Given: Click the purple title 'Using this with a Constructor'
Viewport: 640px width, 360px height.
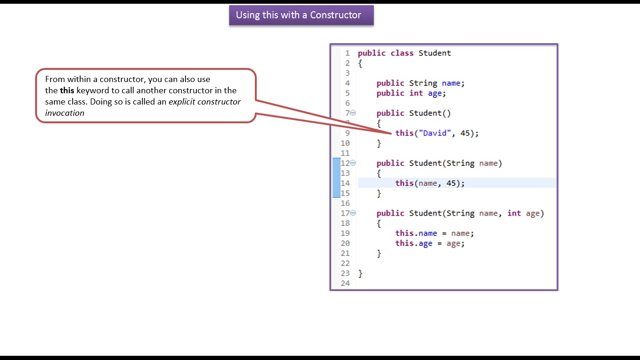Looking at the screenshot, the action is pyautogui.click(x=298, y=15).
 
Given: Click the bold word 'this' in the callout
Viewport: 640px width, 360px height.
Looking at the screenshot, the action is pyautogui.click(x=67, y=90).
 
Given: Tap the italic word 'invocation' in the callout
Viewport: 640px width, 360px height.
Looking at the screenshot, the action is pyautogui.click(x=65, y=113).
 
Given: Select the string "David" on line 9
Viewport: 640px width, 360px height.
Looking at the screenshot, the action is pyautogui.click(x=435, y=133).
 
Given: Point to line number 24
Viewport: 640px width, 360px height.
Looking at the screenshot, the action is pyautogui.click(x=345, y=283).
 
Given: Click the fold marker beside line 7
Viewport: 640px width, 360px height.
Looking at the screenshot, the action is pyautogui.click(x=353, y=113).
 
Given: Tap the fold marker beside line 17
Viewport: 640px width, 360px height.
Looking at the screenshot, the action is pyautogui.click(x=353, y=213).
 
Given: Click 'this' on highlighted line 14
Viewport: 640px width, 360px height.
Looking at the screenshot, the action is pyautogui.click(x=404, y=183).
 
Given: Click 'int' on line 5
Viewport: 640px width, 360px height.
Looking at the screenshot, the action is pyautogui.click(x=416, y=93).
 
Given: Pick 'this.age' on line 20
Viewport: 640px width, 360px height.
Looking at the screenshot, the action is pyautogui.click(x=414, y=243).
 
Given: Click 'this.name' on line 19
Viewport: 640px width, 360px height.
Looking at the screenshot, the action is pyautogui.click(x=416, y=233).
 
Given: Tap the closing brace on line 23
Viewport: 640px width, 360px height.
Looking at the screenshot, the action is pyautogui.click(x=360, y=273).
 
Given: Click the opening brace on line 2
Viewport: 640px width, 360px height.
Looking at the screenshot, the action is pyautogui.click(x=360, y=63).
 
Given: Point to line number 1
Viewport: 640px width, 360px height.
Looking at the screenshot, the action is pyautogui.click(x=347, y=53).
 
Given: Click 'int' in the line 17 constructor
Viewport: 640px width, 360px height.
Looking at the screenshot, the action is pyautogui.click(x=514, y=213).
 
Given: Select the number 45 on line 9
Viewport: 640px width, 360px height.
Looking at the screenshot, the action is pyautogui.click(x=465, y=133).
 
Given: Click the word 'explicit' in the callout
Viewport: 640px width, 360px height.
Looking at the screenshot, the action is pyautogui.click(x=182, y=102).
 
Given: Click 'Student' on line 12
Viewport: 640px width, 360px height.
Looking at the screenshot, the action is pyautogui.click(x=425, y=163).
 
